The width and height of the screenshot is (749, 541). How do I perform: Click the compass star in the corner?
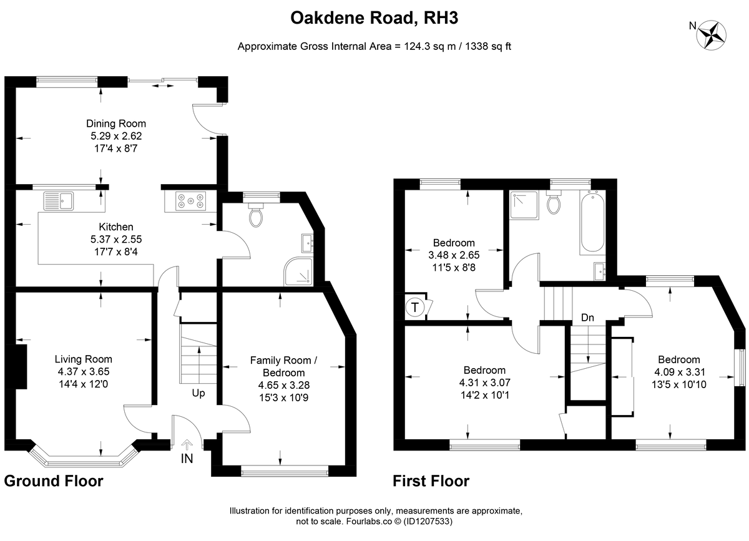711,36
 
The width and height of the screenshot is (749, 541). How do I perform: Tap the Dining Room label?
116,124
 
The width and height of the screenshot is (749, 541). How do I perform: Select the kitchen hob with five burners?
190,201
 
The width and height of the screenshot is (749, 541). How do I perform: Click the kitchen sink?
59,201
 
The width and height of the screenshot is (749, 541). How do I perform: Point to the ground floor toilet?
256,215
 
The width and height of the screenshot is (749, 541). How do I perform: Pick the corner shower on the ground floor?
298,271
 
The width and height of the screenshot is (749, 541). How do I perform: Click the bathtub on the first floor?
592,223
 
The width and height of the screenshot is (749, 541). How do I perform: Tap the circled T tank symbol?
415,307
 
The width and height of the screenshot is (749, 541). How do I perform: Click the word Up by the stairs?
198,393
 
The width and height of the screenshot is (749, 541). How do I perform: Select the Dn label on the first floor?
587,318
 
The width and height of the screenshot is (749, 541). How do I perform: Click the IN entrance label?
187,459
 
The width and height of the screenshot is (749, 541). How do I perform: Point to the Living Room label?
83,359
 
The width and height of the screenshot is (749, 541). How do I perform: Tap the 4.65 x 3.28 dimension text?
284,385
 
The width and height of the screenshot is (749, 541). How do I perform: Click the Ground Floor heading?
54,481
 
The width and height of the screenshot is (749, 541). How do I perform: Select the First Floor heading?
431,481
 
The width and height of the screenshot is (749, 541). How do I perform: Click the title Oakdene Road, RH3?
374,17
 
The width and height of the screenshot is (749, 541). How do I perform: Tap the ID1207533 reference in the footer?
428,521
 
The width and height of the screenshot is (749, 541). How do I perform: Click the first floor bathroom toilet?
554,202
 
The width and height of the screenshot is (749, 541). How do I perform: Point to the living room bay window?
84,460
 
